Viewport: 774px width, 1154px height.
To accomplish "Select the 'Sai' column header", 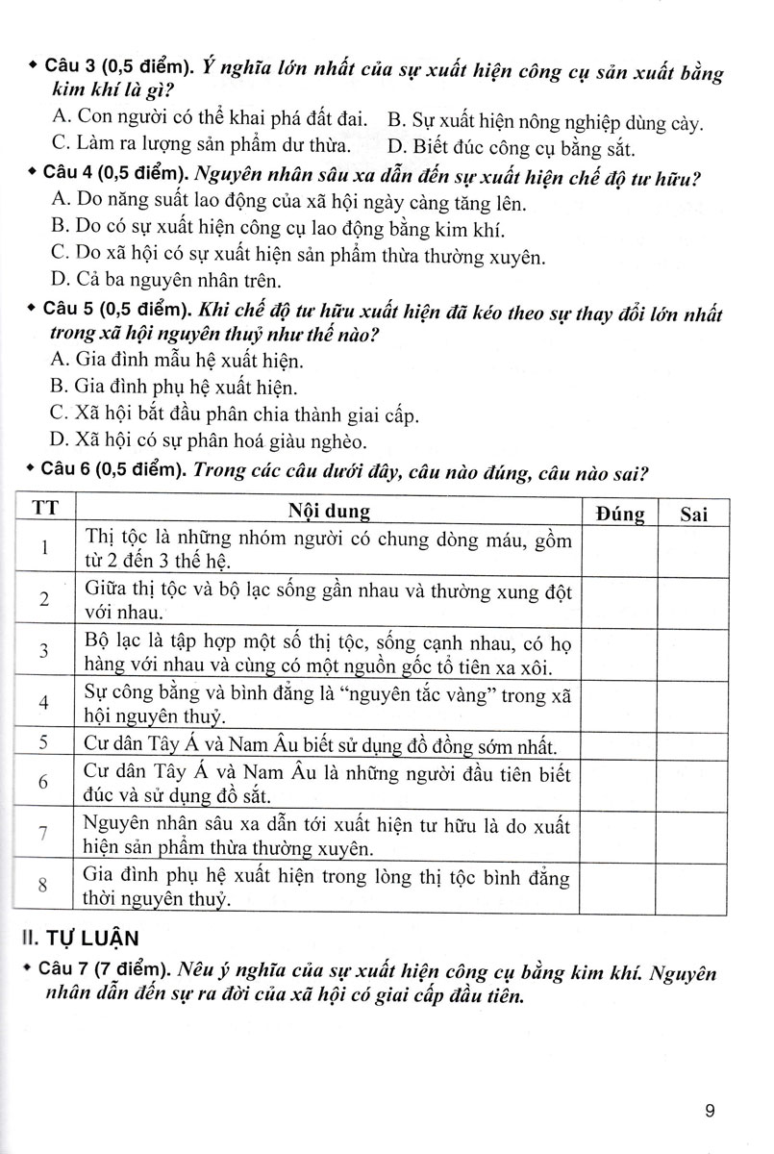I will coord(693,514).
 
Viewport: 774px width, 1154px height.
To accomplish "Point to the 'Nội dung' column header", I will coord(329,513).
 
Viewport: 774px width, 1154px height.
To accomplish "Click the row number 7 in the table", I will coord(44,835).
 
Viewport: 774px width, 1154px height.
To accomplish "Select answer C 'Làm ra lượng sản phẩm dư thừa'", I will coord(194,147).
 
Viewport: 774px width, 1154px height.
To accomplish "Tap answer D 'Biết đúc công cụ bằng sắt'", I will coord(511,147).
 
